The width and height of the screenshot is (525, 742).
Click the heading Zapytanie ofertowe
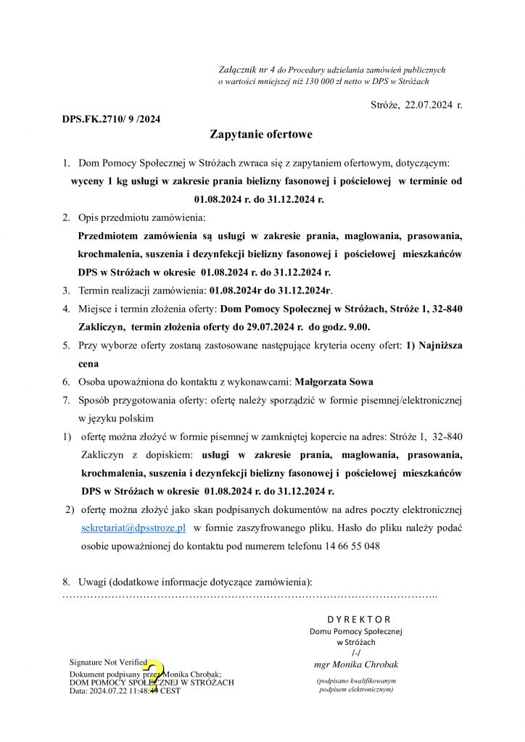click(x=261, y=134)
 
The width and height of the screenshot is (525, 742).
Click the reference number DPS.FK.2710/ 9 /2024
click(x=111, y=119)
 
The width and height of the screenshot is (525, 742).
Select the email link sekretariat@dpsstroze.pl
click(x=134, y=528)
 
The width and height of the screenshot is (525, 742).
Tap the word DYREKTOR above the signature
click(x=358, y=620)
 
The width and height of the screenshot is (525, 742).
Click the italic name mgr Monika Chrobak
click(x=356, y=664)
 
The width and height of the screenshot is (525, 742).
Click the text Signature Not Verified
click(x=108, y=662)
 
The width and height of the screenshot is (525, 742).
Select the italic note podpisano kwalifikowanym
click(x=356, y=681)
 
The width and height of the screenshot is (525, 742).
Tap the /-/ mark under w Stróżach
click(x=355, y=653)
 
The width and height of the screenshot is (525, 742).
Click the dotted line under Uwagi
click(x=249, y=596)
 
